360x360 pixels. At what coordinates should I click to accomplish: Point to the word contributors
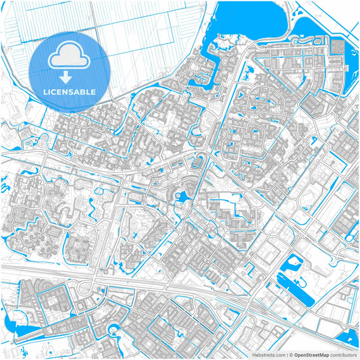[x=342, y=354]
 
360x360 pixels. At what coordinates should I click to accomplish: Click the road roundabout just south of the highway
[x=84, y=290]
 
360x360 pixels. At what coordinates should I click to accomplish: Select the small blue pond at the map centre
[x=182, y=198]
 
